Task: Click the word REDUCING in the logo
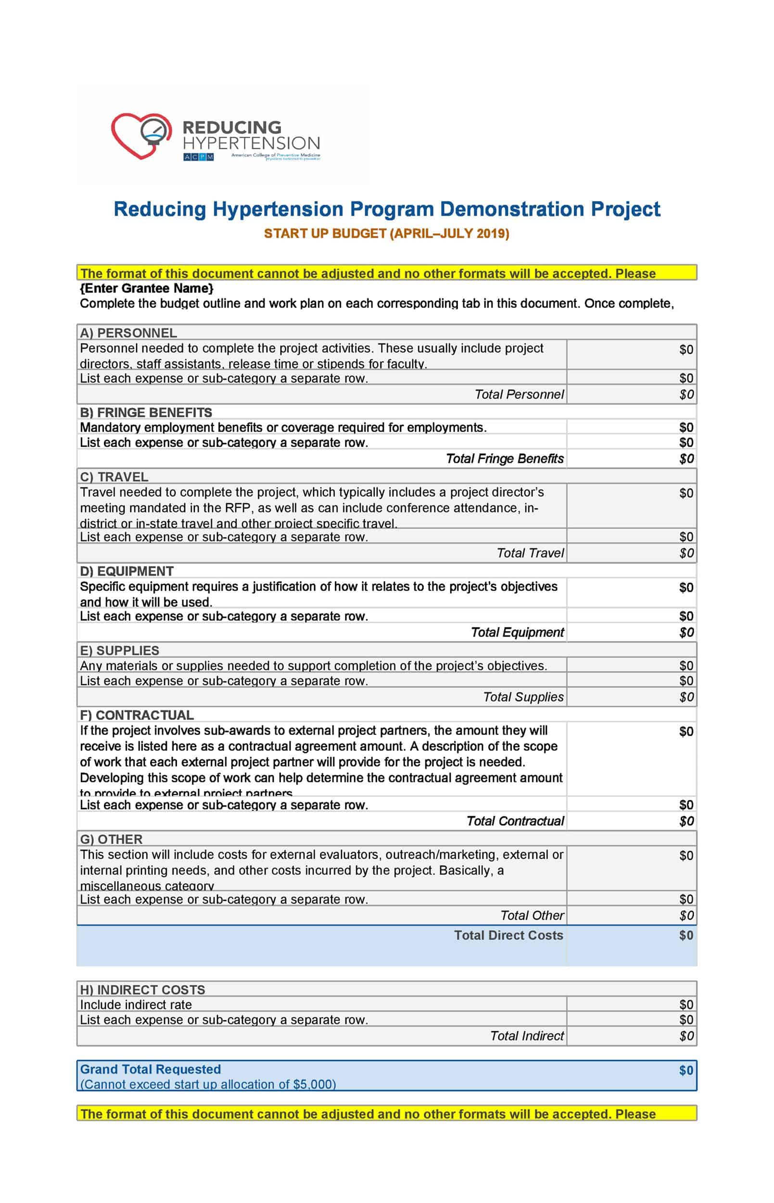coord(232,127)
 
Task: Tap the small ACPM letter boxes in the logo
coord(199,157)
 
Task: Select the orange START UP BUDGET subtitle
coord(386,233)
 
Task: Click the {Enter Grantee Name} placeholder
coord(147,288)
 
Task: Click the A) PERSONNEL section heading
coord(128,333)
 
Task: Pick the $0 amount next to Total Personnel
coord(686,394)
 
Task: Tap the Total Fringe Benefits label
coord(505,459)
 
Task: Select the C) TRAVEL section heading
coord(114,476)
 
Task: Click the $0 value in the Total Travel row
coord(686,553)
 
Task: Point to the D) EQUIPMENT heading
coord(127,571)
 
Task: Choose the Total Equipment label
coord(517,632)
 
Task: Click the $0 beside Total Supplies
coord(686,697)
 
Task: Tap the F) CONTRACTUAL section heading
coord(137,715)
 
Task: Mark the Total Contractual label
coord(515,821)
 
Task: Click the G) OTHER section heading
coord(111,839)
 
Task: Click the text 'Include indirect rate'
coord(136,1004)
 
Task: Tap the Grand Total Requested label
coord(150,1069)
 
